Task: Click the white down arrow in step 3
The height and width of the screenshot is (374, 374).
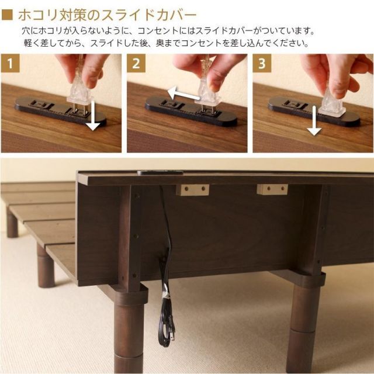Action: [314, 123]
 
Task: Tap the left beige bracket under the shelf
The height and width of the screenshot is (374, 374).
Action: [192, 190]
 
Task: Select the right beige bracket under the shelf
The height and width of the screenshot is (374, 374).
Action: [272, 189]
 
